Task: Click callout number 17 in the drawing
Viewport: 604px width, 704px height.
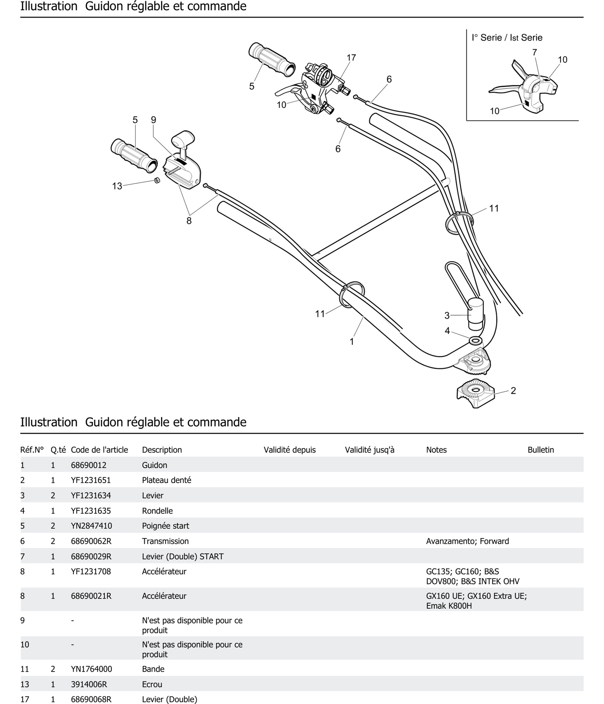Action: click(351, 58)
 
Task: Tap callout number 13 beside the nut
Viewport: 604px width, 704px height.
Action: click(117, 186)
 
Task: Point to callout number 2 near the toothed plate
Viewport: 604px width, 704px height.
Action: click(513, 391)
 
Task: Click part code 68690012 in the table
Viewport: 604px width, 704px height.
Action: click(88, 465)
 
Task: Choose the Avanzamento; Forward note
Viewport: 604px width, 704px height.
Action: click(467, 541)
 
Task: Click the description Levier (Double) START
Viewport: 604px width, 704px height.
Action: click(183, 557)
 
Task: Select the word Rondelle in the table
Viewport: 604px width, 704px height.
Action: click(157, 511)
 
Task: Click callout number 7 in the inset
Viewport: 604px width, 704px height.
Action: click(534, 53)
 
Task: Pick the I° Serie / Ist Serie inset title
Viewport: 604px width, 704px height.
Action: click(507, 38)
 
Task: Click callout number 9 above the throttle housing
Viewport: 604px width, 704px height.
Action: click(153, 120)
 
